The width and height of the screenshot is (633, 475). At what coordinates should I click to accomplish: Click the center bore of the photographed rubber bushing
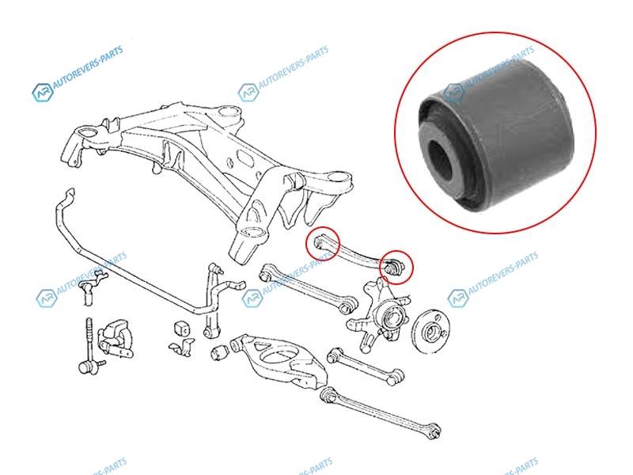[441, 161]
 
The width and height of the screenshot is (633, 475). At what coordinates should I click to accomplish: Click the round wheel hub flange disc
[432, 330]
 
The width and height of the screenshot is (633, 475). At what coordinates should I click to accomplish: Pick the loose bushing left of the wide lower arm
[219, 351]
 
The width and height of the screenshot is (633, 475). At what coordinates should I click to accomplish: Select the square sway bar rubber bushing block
[182, 328]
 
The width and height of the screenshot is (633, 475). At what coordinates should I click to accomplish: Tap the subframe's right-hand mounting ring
[337, 177]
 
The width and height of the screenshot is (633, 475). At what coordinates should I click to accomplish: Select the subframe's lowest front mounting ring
[252, 233]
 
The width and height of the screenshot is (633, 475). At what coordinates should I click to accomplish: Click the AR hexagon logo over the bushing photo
[453, 93]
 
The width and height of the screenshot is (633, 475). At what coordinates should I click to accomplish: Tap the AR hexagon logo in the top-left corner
[43, 92]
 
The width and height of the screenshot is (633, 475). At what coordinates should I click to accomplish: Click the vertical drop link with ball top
[212, 301]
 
